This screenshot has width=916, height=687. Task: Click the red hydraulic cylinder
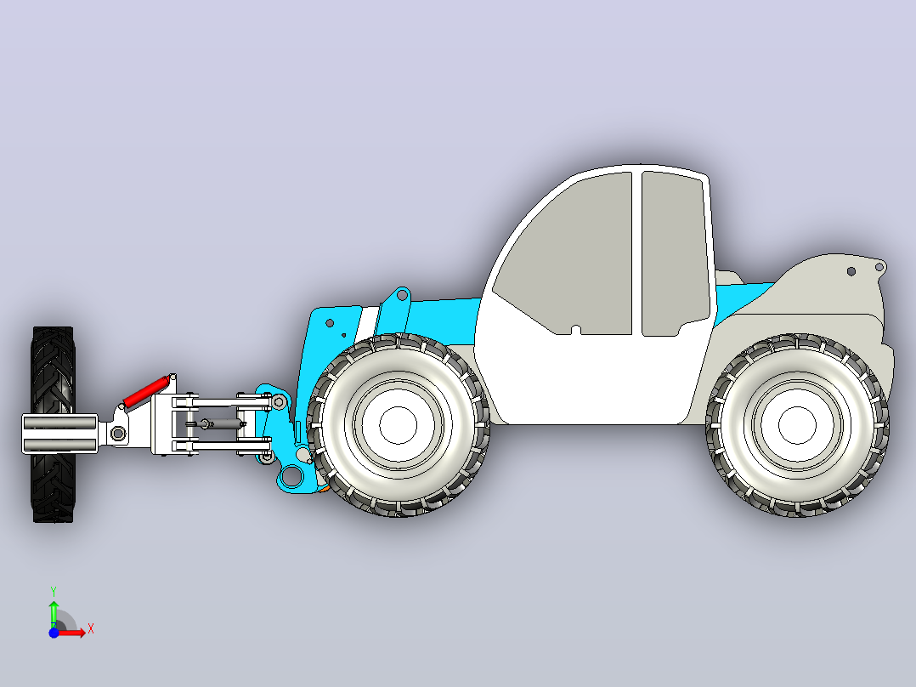[x=147, y=391]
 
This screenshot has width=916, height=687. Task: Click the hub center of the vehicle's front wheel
[x=399, y=426]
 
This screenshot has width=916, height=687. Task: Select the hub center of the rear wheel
[x=797, y=426]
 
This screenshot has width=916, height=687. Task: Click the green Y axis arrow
[x=54, y=613]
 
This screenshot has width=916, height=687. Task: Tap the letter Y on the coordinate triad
[x=54, y=591]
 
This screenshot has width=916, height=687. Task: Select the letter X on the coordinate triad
[x=91, y=629]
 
